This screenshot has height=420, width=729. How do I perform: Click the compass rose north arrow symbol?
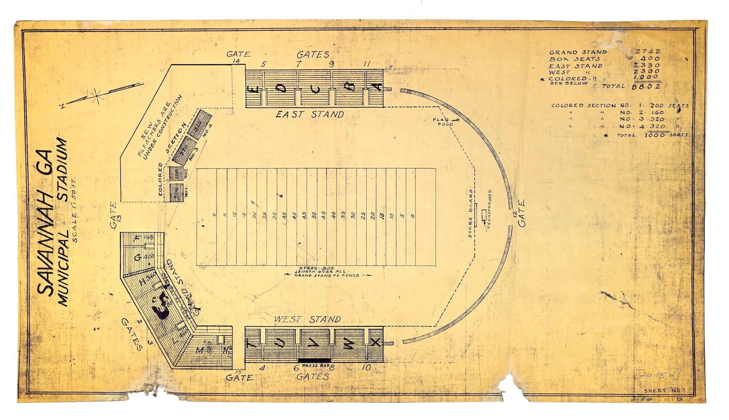coord(97,96)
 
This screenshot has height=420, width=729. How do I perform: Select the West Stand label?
coord(307,320)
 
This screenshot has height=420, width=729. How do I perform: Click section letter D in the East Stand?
coord(282,88)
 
